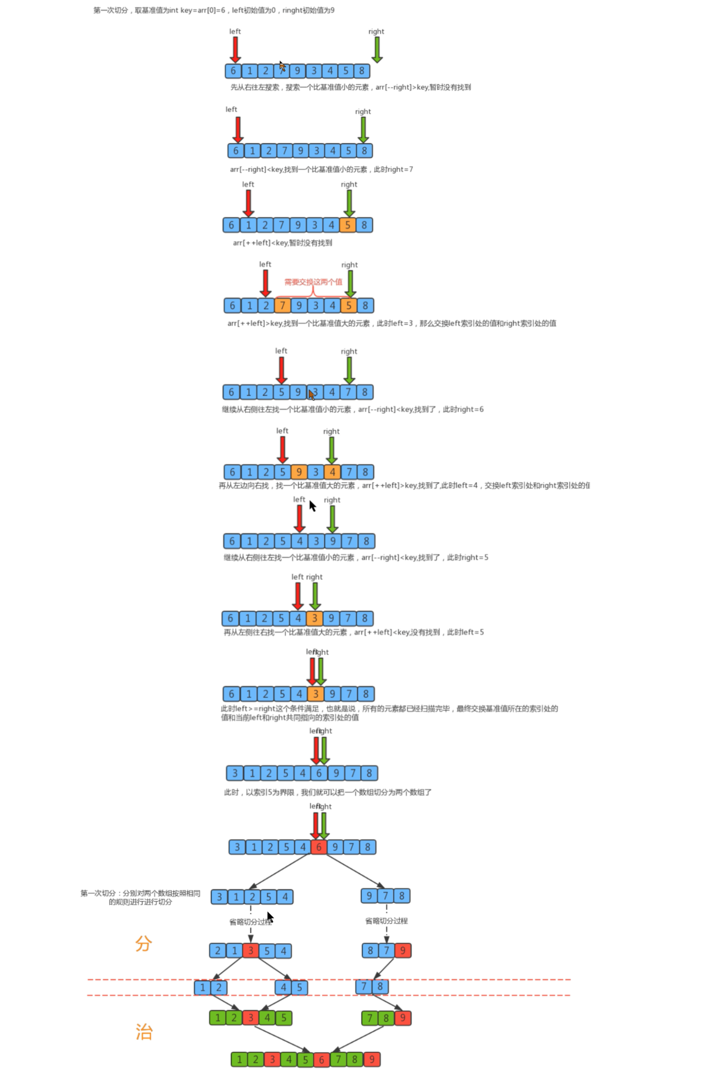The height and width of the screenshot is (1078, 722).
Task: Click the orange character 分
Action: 143,944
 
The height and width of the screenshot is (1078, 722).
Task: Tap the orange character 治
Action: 144,1032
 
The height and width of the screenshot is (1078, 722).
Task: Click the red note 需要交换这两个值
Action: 313,282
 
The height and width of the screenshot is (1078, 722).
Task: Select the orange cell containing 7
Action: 282,306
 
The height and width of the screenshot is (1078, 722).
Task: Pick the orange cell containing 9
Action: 299,472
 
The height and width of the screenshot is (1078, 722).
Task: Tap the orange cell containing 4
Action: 332,472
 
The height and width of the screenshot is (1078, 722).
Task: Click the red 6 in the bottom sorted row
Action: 321,1059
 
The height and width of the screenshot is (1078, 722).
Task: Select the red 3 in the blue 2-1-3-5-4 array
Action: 251,951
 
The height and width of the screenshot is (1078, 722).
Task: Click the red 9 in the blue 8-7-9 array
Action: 403,950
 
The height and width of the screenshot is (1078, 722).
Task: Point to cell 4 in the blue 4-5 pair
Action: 283,987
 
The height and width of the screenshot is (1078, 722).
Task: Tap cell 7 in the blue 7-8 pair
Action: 364,986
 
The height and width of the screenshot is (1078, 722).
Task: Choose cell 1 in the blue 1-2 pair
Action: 203,987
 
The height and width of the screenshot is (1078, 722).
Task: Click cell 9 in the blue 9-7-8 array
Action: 369,896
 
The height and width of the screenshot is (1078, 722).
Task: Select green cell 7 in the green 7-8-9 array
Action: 370,1018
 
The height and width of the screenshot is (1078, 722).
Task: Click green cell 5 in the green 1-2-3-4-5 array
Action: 284,1018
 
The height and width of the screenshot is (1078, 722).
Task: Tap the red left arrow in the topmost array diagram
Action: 235,49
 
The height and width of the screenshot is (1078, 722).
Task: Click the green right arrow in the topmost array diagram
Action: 377,49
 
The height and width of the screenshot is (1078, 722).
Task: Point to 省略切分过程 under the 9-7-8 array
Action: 386,921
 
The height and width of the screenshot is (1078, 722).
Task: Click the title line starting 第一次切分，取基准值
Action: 214,10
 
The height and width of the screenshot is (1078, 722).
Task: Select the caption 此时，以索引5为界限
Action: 327,793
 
